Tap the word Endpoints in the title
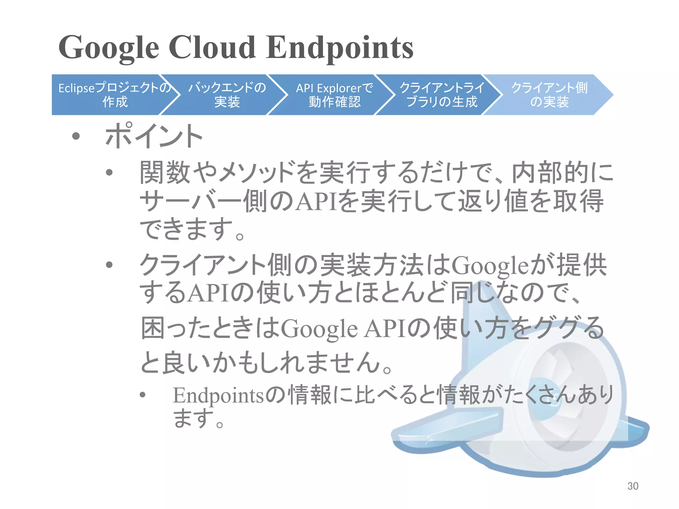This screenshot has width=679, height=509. pyautogui.click(x=340, y=48)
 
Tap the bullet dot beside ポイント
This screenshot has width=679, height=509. pyautogui.click(x=76, y=136)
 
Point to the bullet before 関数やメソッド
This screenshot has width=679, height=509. pyautogui.click(x=109, y=172)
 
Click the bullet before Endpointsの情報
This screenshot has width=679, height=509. pyautogui.click(x=143, y=394)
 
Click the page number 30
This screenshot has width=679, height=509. pyautogui.click(x=633, y=486)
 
